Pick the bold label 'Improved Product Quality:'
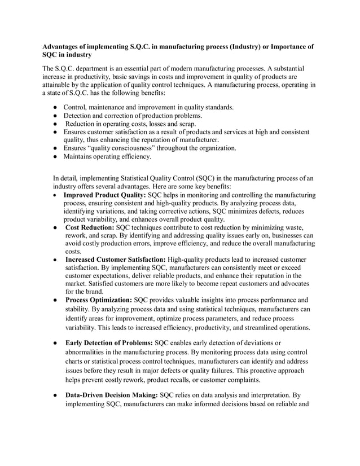[x=105, y=195]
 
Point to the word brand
[x=92, y=292]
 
